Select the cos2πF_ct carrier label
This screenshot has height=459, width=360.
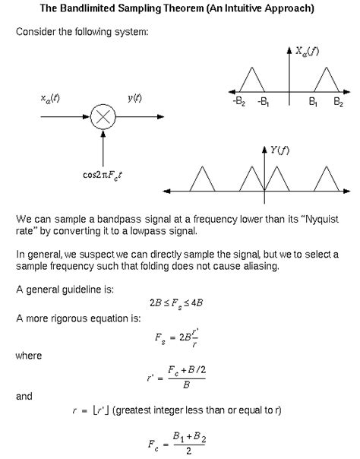[x=104, y=173]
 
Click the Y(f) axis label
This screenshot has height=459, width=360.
[x=279, y=150]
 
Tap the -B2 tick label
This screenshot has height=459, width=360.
[x=238, y=101]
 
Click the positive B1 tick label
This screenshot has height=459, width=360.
[x=314, y=101]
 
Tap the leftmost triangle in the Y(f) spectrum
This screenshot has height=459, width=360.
[x=202, y=179]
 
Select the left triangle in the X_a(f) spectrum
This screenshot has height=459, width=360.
[x=250, y=78]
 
